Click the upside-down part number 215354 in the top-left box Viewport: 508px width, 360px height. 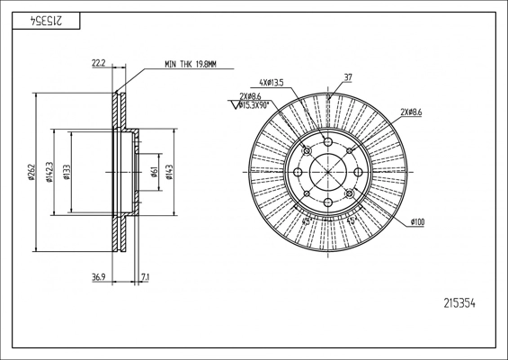point(46,21)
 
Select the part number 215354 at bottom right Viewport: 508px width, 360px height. point(459,303)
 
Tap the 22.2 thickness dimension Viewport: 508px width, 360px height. point(99,63)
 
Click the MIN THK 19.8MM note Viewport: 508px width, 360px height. point(191,64)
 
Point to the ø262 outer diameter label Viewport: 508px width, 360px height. point(31,172)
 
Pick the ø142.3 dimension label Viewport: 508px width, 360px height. point(49,172)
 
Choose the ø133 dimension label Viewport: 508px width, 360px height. point(67,172)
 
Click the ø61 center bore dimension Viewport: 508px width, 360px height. point(155,172)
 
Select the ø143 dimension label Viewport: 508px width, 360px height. point(169,172)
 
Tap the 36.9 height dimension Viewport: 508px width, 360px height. point(99,277)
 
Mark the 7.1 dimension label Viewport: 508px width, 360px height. point(145,277)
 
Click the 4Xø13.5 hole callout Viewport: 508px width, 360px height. point(272,83)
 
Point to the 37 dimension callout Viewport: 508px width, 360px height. point(348,77)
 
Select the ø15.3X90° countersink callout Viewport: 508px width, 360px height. point(254,104)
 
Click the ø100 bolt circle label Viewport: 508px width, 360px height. point(417,222)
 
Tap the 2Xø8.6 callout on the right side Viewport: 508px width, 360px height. point(411,112)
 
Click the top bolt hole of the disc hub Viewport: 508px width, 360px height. point(328,141)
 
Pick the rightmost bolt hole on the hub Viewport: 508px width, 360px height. point(358,172)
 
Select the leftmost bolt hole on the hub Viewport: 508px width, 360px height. point(298,172)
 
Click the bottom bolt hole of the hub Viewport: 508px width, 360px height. point(328,202)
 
